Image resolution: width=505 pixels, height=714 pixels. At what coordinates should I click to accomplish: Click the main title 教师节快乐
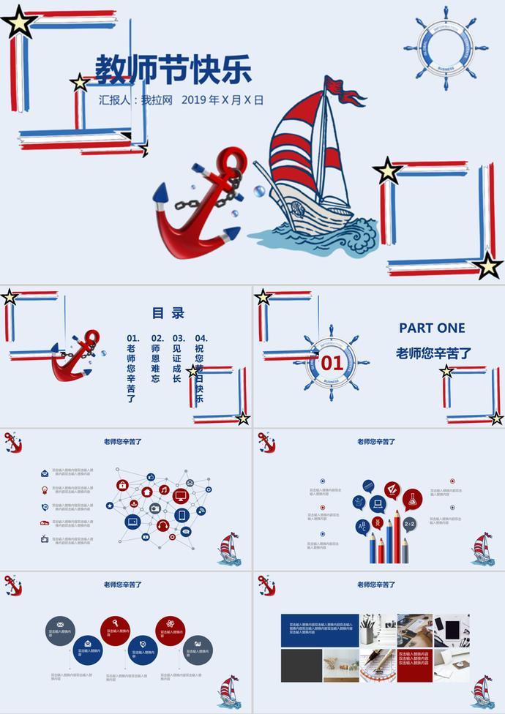click(173, 70)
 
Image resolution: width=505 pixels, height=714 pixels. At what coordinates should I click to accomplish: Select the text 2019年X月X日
click(222, 100)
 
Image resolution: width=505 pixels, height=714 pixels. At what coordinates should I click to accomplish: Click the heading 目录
click(168, 313)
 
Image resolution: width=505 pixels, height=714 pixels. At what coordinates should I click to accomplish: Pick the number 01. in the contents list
click(132, 338)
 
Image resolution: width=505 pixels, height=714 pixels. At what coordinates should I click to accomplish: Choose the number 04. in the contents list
click(201, 338)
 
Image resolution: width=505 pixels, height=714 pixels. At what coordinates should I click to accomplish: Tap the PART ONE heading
click(432, 328)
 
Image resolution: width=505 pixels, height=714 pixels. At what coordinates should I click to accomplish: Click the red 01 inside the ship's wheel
click(332, 363)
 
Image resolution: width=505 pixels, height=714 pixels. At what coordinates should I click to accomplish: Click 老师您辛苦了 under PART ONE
click(433, 353)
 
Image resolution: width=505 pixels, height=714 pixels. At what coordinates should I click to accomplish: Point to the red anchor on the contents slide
click(76, 356)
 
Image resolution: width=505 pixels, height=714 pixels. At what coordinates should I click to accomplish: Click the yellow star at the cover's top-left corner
click(19, 23)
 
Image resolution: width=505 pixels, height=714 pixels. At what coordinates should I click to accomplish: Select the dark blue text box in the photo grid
click(320, 629)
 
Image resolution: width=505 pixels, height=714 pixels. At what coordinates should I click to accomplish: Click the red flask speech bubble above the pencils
click(412, 500)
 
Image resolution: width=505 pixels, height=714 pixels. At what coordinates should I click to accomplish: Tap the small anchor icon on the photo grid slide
click(266, 585)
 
